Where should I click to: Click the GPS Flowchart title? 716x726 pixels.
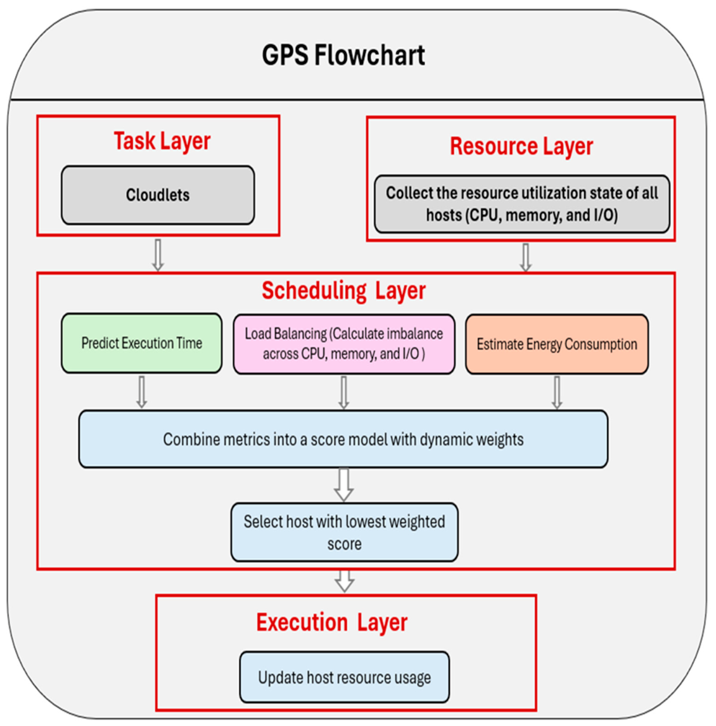343,56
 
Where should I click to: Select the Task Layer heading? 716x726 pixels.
162,141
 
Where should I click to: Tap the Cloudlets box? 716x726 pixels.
158,195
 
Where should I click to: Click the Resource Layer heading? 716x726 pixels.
521,146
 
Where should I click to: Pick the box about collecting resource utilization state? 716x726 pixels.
522,204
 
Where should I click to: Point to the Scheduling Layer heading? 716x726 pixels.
343,291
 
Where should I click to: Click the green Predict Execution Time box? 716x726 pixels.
142,343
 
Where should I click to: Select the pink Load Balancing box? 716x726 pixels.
344,344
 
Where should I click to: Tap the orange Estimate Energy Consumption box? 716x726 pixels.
557,344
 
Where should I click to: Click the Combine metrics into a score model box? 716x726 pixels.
343,439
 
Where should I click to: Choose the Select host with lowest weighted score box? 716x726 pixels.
344,532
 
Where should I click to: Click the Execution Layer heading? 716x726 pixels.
332,622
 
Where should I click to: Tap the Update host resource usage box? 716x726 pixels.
344,677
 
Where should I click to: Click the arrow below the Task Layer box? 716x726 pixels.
158,255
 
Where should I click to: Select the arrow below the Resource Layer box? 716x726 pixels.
525,258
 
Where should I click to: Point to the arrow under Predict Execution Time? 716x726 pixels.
142,392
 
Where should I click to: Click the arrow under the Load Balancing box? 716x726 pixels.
343,392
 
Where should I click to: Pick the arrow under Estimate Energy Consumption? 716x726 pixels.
557,392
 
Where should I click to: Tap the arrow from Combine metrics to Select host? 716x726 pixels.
343,485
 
